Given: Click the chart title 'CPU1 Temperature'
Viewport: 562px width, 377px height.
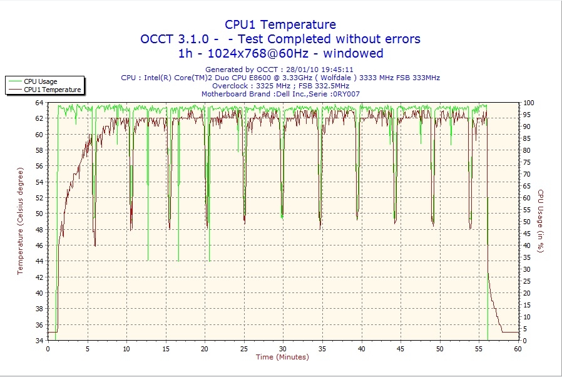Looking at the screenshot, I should [x=280, y=24].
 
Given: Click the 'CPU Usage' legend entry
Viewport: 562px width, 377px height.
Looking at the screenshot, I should [x=40, y=81].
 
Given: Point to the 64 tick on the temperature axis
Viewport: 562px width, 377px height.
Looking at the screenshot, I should [x=39, y=103].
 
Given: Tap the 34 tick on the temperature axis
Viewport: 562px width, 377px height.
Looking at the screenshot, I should [x=39, y=341].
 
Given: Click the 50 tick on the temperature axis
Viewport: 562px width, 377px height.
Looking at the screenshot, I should [x=39, y=214].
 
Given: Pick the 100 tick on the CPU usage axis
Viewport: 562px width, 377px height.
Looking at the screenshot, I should [x=529, y=103].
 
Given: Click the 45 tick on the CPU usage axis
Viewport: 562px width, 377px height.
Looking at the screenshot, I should [x=528, y=234].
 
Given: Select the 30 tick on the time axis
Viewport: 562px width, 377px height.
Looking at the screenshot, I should [x=283, y=348].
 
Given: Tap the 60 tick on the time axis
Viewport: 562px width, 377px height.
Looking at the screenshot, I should [x=518, y=348].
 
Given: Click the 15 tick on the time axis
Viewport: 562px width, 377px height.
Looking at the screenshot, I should [x=166, y=348].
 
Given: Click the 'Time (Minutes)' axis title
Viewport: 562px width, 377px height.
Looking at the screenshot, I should [x=282, y=357].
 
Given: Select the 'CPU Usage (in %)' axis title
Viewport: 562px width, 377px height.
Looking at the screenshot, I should [x=541, y=221].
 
